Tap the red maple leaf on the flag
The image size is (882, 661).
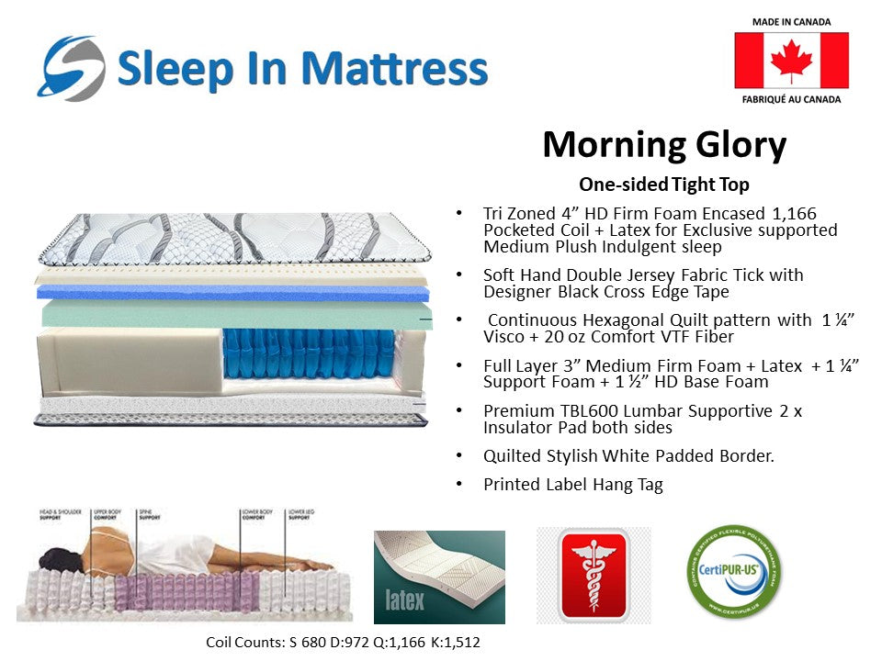(790, 61)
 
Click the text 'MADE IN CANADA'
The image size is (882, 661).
(790, 21)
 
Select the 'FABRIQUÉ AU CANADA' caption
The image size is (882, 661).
(790, 98)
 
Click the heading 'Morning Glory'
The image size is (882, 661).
(663, 145)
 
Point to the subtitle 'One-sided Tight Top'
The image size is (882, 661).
(663, 185)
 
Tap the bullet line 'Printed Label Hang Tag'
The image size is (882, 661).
(572, 485)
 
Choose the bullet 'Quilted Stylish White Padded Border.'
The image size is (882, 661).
(628, 455)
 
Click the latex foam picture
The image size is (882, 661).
(439, 577)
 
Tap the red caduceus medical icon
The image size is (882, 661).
(593, 574)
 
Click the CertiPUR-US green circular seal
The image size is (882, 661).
(734, 574)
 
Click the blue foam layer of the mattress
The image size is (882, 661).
(230, 292)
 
